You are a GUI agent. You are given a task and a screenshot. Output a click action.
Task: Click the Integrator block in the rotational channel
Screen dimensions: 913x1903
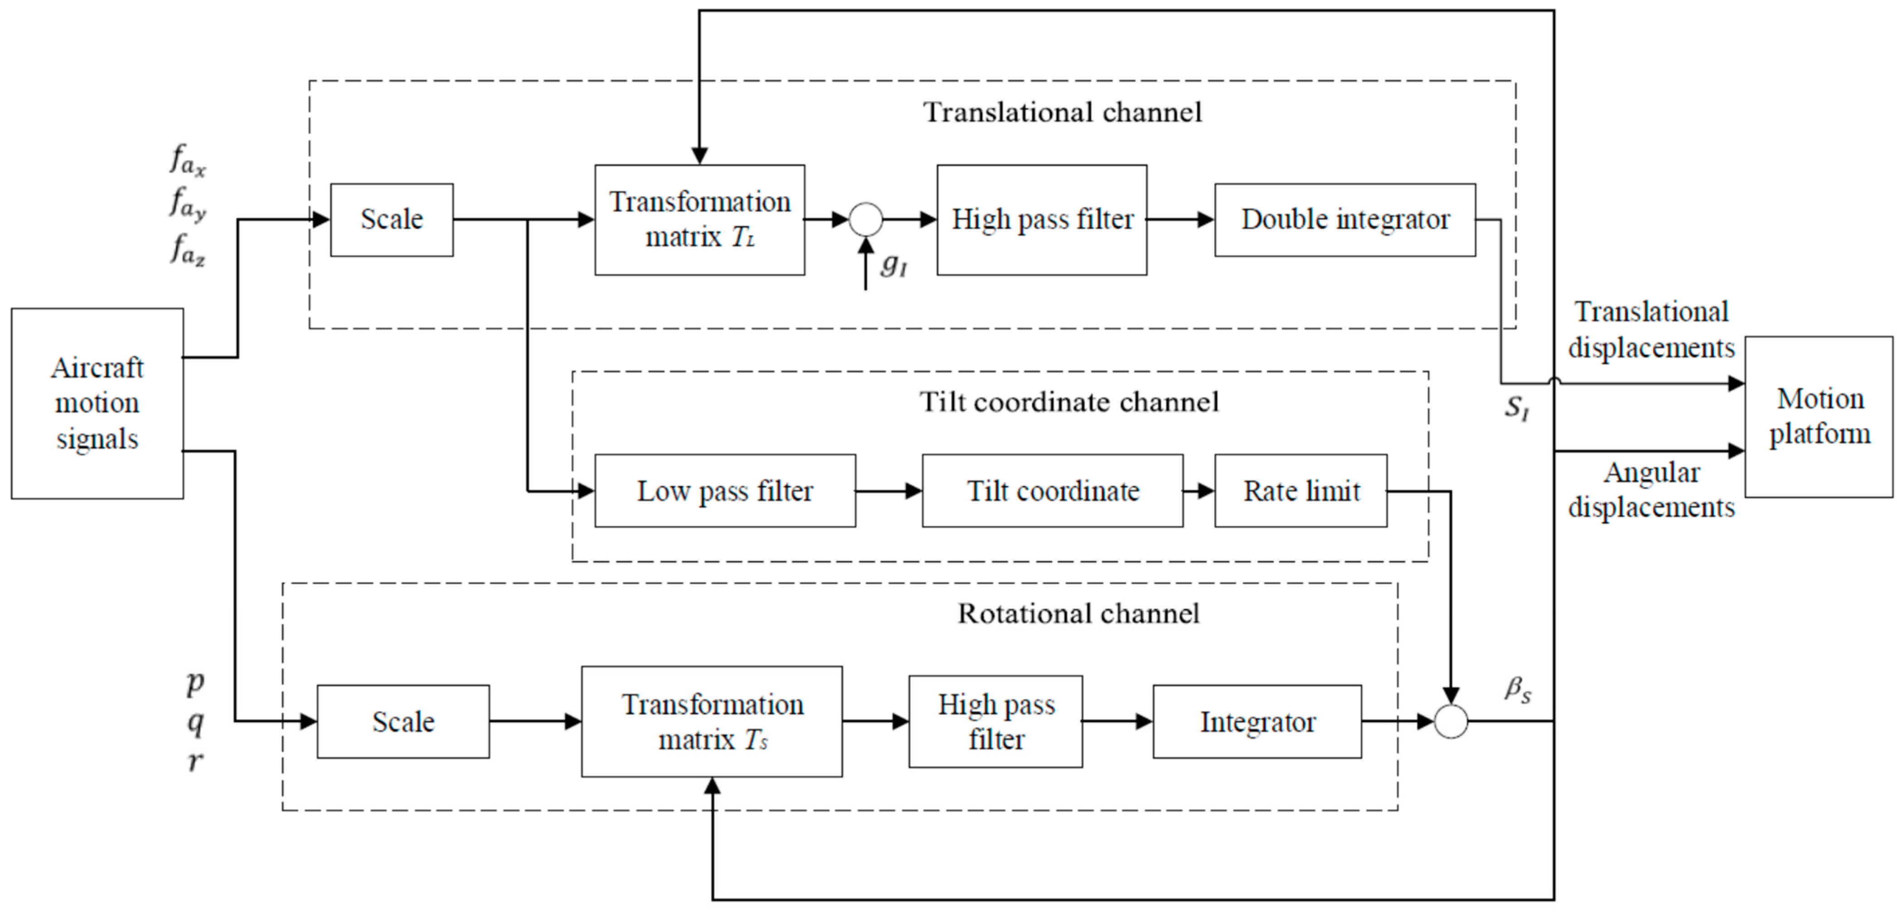pyautogui.click(x=1257, y=722)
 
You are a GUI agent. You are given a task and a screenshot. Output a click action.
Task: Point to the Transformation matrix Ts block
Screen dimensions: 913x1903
pyautogui.click(x=711, y=722)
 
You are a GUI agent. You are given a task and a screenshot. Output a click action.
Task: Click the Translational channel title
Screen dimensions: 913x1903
pyautogui.click(x=1062, y=112)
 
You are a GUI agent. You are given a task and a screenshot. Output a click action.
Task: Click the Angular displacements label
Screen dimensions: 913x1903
pyautogui.click(x=1651, y=490)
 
